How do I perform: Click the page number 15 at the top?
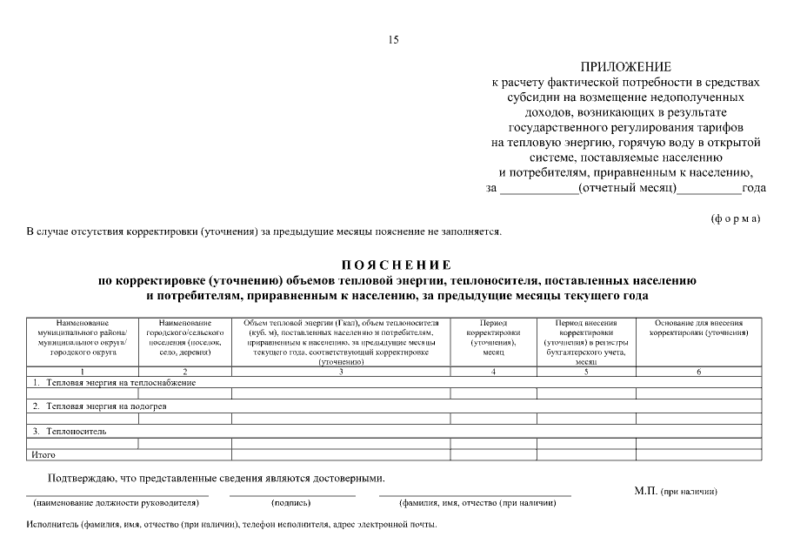[393, 40]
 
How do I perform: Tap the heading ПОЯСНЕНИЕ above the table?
[396, 265]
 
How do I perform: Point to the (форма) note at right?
[735, 218]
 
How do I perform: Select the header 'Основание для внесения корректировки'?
[702, 328]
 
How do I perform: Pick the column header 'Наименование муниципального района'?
[83, 338]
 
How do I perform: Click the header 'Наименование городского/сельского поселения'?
[184, 338]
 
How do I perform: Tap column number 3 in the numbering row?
[341, 372]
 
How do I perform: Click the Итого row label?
[43, 454]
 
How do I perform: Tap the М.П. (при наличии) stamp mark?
[676, 492]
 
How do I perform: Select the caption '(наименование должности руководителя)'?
[117, 504]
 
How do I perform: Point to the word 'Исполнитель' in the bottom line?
[51, 526]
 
